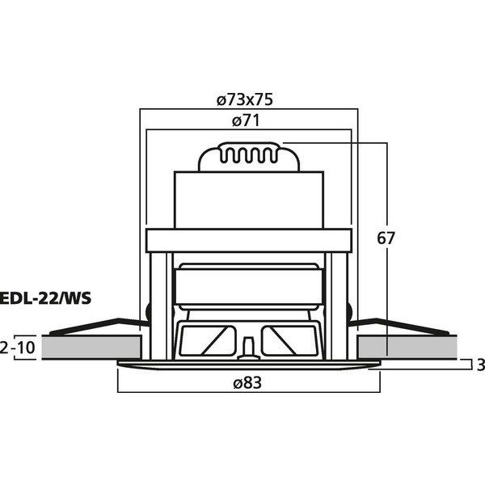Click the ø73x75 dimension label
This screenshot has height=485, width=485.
tap(245, 99)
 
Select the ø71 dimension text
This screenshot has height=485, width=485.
tap(246, 120)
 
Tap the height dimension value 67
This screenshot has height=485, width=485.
tap(386, 238)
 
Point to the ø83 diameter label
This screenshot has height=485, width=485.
tap(247, 382)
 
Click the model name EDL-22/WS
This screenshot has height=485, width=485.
tap(45, 298)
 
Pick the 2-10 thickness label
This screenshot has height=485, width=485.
tap(18, 348)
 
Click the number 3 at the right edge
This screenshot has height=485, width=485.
tap(480, 365)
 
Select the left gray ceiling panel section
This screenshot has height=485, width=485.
tap(91, 348)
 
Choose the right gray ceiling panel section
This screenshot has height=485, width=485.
tap(407, 348)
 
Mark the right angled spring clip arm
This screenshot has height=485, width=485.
tap(399, 327)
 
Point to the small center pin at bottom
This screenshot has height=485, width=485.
tap(248, 348)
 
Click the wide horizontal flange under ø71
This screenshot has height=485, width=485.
tap(249, 240)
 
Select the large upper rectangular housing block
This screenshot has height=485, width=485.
tap(249, 200)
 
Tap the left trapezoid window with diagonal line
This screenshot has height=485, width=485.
tap(209, 340)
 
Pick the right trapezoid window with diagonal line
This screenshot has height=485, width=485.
tap(289, 340)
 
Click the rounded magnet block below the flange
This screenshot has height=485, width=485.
tap(249, 286)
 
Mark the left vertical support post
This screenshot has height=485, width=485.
tap(158, 306)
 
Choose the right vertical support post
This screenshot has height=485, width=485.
tap(339, 306)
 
